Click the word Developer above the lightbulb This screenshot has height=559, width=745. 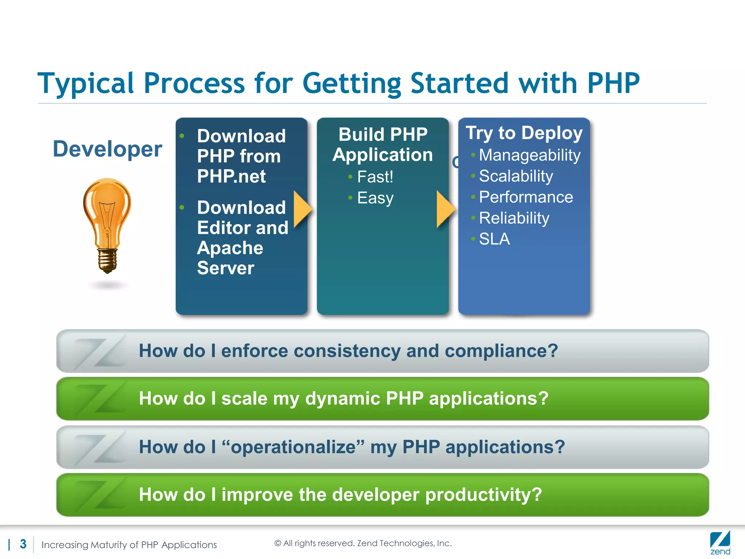pos(107,149)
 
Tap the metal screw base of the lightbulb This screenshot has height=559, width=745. pos(107,260)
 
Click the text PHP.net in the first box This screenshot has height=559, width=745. pos(231,177)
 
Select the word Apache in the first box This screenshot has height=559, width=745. pos(230,248)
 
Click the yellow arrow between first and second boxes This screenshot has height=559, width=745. pos(302,209)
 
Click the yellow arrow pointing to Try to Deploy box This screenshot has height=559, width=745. pos(445,209)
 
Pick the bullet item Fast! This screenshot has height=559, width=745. pos(375,177)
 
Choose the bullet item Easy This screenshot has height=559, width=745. pos(375,198)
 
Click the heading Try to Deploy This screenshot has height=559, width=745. pos(524,133)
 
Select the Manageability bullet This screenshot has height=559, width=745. pos(529,155)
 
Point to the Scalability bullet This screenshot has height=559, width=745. pos(515,177)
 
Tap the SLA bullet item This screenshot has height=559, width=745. pos(494,239)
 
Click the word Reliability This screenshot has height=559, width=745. pos(514,218)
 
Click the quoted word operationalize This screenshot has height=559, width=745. pos(293,447)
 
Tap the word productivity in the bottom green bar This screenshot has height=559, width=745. pos(483,495)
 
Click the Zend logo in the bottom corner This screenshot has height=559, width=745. pos(720,543)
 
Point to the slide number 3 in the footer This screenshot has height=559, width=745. pos(23,544)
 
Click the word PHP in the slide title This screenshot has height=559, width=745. pos(613,84)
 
